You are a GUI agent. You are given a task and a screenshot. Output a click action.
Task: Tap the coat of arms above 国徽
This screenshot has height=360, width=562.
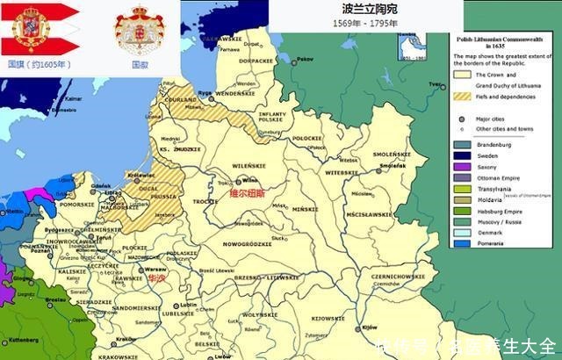pos(139,29)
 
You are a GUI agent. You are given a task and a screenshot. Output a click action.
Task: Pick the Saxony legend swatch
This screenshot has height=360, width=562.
pos(460,165)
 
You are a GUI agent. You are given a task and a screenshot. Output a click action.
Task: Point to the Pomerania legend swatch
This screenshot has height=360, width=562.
pos(460,242)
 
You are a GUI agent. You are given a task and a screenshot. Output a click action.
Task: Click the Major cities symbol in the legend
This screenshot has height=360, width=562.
pos(460,119)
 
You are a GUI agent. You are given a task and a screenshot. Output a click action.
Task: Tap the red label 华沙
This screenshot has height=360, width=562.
pos(155,277)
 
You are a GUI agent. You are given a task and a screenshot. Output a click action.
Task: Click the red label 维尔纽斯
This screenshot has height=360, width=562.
pos(247,193)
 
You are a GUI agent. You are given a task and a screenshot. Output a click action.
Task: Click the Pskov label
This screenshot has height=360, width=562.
pos(305,59)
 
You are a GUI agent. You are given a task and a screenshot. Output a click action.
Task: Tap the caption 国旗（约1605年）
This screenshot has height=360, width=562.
pos(36,63)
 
